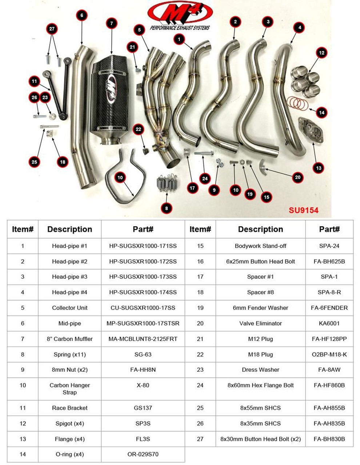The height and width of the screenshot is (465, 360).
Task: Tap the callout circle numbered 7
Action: point(111,24)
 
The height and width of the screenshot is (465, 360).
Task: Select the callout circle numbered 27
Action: point(52,29)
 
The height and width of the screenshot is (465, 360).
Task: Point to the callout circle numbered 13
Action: point(319,168)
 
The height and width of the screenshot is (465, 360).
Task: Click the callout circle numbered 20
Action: point(297,177)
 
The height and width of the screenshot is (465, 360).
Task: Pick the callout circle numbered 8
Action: point(167,208)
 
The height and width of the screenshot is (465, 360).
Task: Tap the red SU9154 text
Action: point(303,210)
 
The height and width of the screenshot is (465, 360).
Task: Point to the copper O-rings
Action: point(297,103)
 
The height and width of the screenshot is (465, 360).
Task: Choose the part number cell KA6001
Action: point(329,323)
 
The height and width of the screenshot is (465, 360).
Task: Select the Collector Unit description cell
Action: point(69,308)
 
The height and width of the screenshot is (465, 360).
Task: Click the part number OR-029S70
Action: point(143,454)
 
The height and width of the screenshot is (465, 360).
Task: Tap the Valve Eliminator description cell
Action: point(260,323)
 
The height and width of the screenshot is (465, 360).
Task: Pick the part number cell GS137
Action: point(143,408)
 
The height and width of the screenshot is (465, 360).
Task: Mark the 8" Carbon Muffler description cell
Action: point(69,339)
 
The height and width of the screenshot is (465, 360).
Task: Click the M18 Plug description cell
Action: point(260,354)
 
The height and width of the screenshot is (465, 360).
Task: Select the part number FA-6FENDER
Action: point(329,308)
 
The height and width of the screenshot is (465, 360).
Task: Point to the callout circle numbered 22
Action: point(139,129)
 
